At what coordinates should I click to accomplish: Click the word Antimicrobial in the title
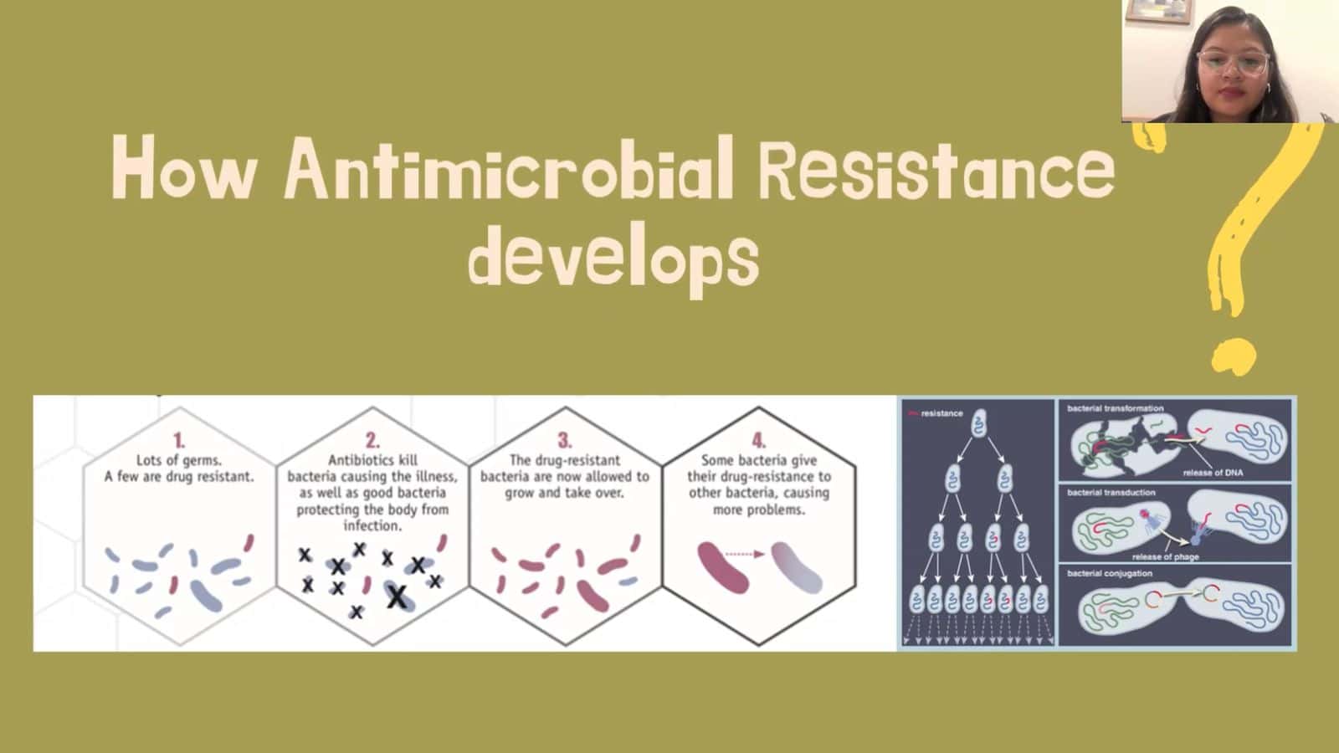(509, 167)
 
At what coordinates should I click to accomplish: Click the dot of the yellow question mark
(1234, 356)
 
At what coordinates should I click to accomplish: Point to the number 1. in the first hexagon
(179, 441)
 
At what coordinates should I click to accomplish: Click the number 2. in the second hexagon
(372, 441)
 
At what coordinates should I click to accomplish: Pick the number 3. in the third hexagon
(565, 441)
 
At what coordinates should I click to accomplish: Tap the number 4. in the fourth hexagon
(758, 441)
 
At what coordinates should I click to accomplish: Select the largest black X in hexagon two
(397, 597)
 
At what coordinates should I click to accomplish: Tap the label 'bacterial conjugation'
(1110, 573)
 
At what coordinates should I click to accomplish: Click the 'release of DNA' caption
(1213, 473)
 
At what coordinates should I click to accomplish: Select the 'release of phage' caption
(1166, 557)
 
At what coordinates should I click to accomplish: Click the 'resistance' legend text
(942, 413)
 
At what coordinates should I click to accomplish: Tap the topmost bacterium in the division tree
(978, 423)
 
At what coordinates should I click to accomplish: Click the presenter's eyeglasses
(1234, 63)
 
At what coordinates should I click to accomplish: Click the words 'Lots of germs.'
(179, 460)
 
